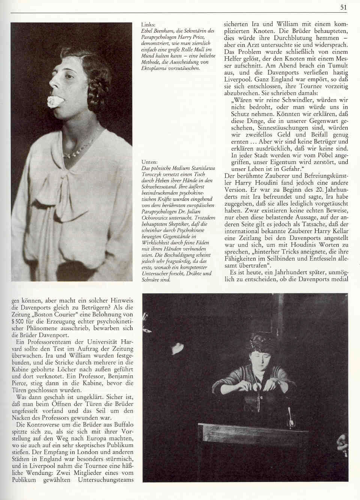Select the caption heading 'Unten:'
tap(144, 162)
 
